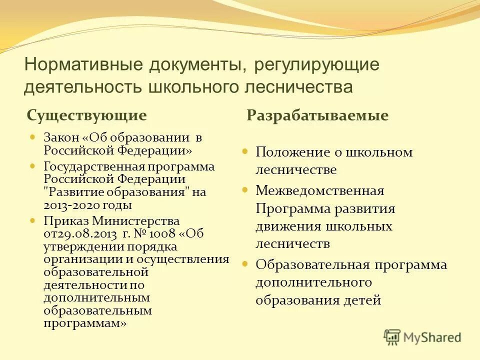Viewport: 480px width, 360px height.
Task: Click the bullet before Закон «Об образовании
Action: click(33, 136)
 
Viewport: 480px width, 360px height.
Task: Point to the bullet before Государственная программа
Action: click(33, 165)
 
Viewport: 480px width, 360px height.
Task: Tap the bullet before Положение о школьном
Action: click(245, 150)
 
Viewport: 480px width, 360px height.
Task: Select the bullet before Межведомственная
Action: click(245, 189)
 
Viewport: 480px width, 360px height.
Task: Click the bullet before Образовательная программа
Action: click(245, 263)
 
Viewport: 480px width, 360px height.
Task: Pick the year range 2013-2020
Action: click(69, 205)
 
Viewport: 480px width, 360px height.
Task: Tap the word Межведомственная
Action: click(320, 190)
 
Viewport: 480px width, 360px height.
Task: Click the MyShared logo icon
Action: click(392, 337)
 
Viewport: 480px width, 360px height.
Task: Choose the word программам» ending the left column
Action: click(85, 323)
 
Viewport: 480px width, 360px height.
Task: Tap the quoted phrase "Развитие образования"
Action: click(118, 192)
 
